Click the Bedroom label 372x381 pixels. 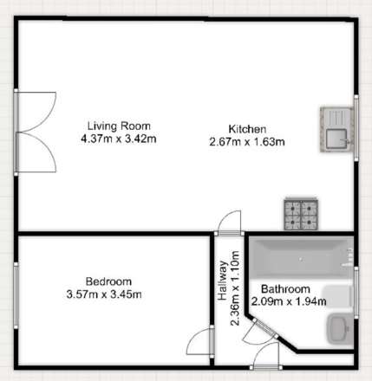108,281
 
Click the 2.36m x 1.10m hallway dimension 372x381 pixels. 236,294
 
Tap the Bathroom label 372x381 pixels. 285,289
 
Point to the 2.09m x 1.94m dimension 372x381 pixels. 289,301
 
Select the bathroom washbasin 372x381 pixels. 338,329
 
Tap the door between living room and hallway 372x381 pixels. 230,223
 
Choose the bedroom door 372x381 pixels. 202,341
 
